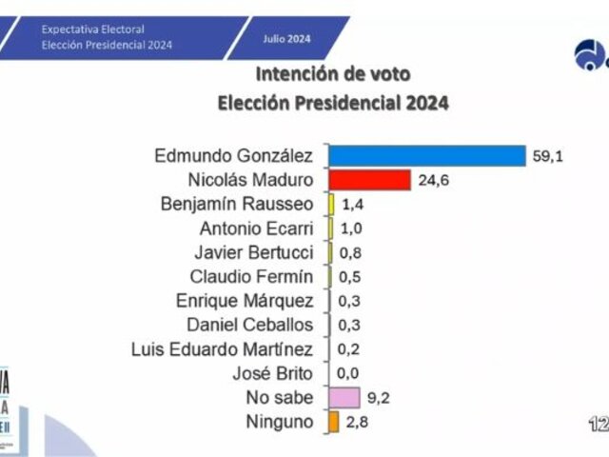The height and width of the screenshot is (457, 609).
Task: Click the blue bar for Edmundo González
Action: [x=426, y=155]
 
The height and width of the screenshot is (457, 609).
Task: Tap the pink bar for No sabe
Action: [x=344, y=398]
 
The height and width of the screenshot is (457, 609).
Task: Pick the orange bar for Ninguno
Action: [x=333, y=422]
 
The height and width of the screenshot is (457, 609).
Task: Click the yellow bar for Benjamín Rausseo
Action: [x=331, y=204]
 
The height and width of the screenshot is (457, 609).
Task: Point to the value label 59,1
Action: [x=548, y=155]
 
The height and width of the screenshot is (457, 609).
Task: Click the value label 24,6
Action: [x=432, y=180]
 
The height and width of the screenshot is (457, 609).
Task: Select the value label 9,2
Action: [x=379, y=398]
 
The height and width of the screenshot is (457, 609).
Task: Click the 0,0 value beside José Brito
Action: [x=348, y=374]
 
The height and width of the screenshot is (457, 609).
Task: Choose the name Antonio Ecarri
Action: [x=256, y=228]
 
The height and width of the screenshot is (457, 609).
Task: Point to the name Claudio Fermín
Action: [x=251, y=277]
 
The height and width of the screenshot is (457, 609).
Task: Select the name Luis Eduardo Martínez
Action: [x=222, y=349]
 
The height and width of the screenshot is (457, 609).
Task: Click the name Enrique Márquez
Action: [x=245, y=301]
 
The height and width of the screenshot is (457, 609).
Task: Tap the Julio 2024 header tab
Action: [x=287, y=39]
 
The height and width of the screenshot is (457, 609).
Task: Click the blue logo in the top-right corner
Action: [x=590, y=54]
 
